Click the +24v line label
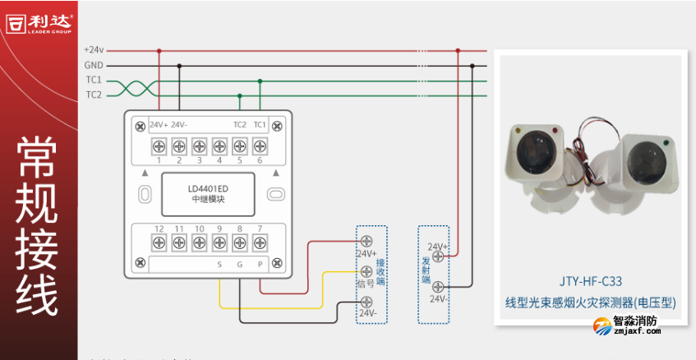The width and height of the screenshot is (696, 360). (x=94, y=49)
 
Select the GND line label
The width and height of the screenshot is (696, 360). (x=94, y=65)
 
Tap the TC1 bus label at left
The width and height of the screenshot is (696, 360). (x=94, y=80)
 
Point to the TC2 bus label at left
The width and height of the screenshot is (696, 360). (x=94, y=95)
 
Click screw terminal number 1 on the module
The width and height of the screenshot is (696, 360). (x=159, y=146)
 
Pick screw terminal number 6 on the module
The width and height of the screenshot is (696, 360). (x=260, y=146)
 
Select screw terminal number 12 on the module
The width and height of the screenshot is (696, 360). (x=159, y=242)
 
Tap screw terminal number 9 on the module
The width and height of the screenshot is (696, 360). (x=219, y=242)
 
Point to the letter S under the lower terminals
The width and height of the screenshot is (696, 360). (x=219, y=265)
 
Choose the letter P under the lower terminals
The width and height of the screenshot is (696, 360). (x=260, y=265)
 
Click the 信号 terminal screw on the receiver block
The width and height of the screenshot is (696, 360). (x=366, y=271)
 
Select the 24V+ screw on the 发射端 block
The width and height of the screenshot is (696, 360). (x=439, y=255)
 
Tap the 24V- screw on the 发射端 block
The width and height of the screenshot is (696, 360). (x=439, y=286)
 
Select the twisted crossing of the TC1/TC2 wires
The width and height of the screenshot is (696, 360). (x=134, y=88)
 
